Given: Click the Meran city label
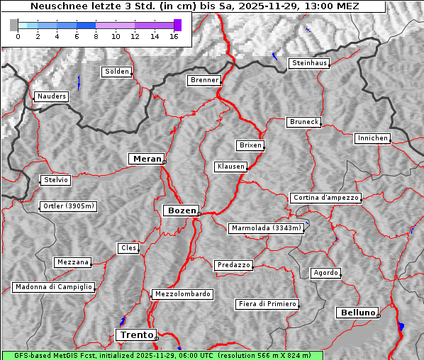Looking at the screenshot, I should (x=146, y=159).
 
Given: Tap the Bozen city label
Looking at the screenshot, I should (x=180, y=210).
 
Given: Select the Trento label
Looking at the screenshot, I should (x=135, y=335).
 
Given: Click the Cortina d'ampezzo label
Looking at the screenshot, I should (x=325, y=198).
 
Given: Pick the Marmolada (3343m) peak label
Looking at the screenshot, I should (x=267, y=228).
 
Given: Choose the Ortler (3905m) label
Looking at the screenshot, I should (x=67, y=207).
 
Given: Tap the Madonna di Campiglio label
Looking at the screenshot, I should (x=53, y=287).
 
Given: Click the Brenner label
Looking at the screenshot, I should (x=204, y=80).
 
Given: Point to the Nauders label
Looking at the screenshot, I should (x=51, y=96).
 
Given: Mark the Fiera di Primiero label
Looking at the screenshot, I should (x=267, y=304).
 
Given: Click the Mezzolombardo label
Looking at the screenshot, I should (x=182, y=294).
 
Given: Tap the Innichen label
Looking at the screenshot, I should (x=372, y=138).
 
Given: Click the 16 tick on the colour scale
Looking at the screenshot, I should (x=174, y=37).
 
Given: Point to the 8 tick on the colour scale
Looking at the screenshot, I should (x=96, y=37).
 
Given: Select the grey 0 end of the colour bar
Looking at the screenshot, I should (x=14, y=25).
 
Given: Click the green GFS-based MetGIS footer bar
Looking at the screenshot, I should (x=162, y=355).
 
